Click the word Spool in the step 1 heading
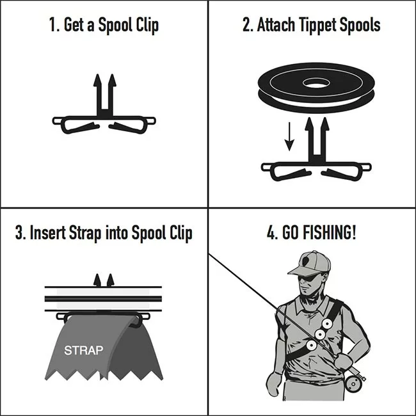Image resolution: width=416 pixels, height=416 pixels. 115,26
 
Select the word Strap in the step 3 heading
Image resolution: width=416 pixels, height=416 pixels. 85,233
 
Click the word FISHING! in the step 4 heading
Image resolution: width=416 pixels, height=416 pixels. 319,232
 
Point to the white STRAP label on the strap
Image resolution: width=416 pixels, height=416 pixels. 84,351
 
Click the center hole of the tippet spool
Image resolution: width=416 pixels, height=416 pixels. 316,83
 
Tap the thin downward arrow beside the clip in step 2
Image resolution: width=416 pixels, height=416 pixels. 289,136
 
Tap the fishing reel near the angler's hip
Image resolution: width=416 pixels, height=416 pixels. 354,382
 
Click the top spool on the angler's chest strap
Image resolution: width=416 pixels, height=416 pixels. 327,324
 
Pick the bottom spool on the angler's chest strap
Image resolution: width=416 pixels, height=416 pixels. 311,346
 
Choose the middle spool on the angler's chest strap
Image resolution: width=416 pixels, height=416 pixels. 320,334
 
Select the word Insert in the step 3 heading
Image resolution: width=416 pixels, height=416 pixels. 48,232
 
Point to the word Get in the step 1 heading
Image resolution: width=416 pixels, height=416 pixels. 74,25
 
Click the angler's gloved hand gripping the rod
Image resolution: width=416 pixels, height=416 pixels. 343,361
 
